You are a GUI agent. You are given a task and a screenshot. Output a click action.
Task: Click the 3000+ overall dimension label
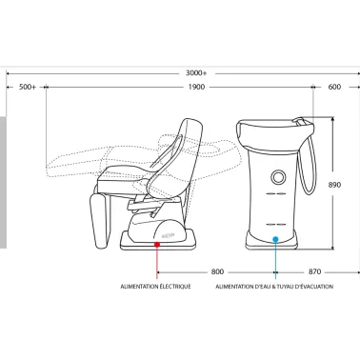coord(196,73)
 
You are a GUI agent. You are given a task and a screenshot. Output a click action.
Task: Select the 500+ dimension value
coord(28,87)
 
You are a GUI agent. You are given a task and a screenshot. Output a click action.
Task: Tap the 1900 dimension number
coord(196,87)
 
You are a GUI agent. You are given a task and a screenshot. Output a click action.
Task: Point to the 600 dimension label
coord(334,87)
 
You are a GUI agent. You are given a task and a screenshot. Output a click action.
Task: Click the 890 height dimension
coord(334,185)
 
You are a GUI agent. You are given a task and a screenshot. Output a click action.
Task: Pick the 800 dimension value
coord(217,271)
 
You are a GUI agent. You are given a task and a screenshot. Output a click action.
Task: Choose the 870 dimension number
coord(314,271)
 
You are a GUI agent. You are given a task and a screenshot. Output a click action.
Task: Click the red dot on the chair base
coord(157,244)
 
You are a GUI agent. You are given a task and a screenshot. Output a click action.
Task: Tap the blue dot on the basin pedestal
coord(275,239)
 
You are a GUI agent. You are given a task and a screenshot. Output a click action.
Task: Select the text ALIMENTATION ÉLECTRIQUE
coord(155,287)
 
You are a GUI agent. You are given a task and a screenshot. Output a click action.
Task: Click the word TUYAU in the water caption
coord(286,287)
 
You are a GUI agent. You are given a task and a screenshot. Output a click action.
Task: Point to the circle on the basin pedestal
coord(278,177)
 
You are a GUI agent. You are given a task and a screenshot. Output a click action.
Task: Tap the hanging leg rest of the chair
coord(99,221)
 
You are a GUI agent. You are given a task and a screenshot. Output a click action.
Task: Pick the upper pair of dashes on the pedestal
coord(275,193)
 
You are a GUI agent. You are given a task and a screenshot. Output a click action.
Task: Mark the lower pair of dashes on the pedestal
coord(275,225)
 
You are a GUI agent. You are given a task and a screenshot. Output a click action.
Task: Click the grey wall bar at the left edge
coord(3,182)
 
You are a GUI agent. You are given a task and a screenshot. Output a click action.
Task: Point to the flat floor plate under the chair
coord(158,240)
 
